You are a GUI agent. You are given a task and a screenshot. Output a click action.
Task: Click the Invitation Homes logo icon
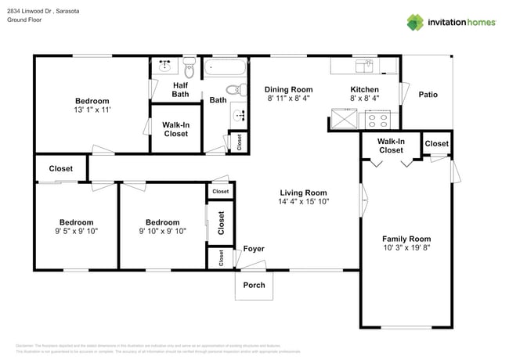click(x=416, y=22)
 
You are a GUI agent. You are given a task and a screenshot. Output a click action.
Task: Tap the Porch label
click(x=254, y=285)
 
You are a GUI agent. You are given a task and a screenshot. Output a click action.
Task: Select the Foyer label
click(x=254, y=250)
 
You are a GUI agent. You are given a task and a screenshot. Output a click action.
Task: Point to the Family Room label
click(x=406, y=239)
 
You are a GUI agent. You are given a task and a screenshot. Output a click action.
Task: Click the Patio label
click(x=428, y=95)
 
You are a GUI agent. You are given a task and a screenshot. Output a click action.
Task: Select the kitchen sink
click(x=363, y=65)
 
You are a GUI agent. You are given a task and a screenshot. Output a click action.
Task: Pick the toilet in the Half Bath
click(x=189, y=64)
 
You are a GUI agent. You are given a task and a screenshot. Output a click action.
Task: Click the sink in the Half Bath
click(x=166, y=65)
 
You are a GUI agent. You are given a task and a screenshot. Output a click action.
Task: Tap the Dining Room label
click(x=288, y=89)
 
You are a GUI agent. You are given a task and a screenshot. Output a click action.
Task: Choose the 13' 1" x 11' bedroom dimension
click(x=92, y=110)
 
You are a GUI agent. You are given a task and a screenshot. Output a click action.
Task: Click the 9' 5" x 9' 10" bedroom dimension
click(x=76, y=231)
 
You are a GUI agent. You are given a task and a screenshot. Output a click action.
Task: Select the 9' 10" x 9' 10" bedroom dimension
click(x=162, y=231)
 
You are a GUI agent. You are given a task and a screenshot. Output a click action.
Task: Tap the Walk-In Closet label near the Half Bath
click(x=175, y=128)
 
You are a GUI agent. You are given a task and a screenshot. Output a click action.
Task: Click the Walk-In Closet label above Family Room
click(x=391, y=145)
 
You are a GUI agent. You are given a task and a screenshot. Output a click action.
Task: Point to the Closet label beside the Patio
click(x=436, y=143)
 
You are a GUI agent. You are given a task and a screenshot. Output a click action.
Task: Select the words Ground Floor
click(x=24, y=20)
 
